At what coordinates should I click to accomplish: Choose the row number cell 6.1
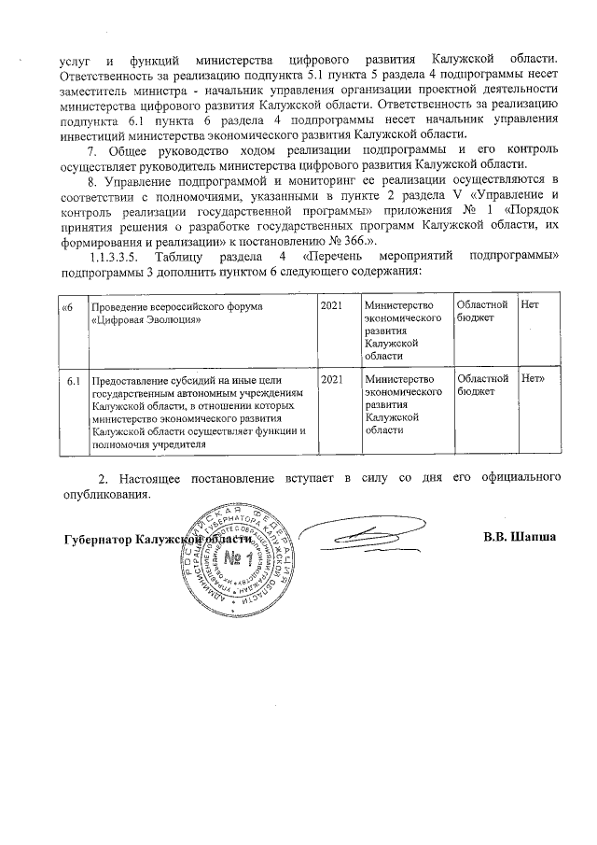pyautogui.click(x=72, y=379)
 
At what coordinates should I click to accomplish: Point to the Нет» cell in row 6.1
pyautogui.click(x=534, y=379)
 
